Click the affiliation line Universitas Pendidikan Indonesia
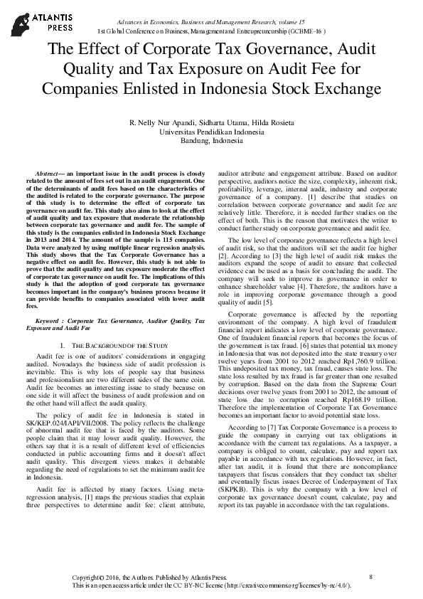tap(212, 132)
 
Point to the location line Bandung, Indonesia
tap(212, 141)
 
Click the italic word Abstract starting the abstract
tap(49, 174)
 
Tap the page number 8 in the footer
tap(371, 576)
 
